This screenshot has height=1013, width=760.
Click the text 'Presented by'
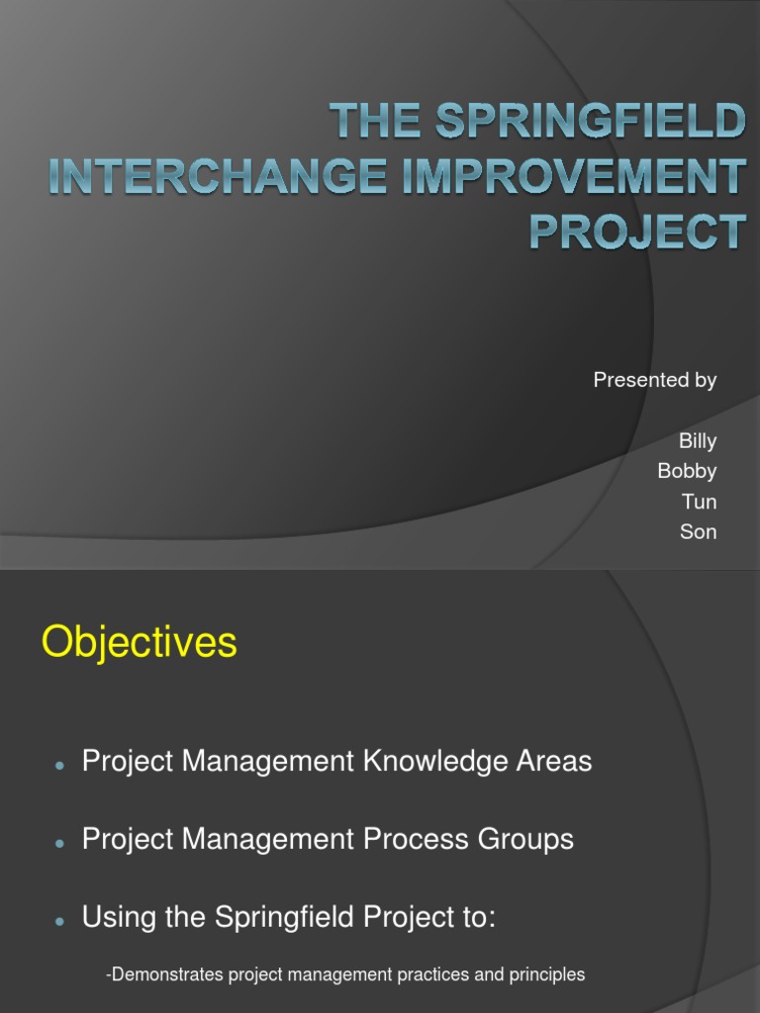pyautogui.click(x=654, y=381)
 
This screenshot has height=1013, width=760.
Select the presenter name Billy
pyautogui.click(x=697, y=441)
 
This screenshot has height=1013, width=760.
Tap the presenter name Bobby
pyautogui.click(x=687, y=471)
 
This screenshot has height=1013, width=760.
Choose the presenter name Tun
pyautogui.click(x=700, y=502)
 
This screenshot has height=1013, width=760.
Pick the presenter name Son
pyautogui.click(x=698, y=532)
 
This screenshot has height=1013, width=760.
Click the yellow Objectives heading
pyautogui.click(x=140, y=643)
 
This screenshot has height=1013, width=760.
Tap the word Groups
pyautogui.click(x=526, y=841)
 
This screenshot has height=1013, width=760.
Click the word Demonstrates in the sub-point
pyautogui.click(x=164, y=975)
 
